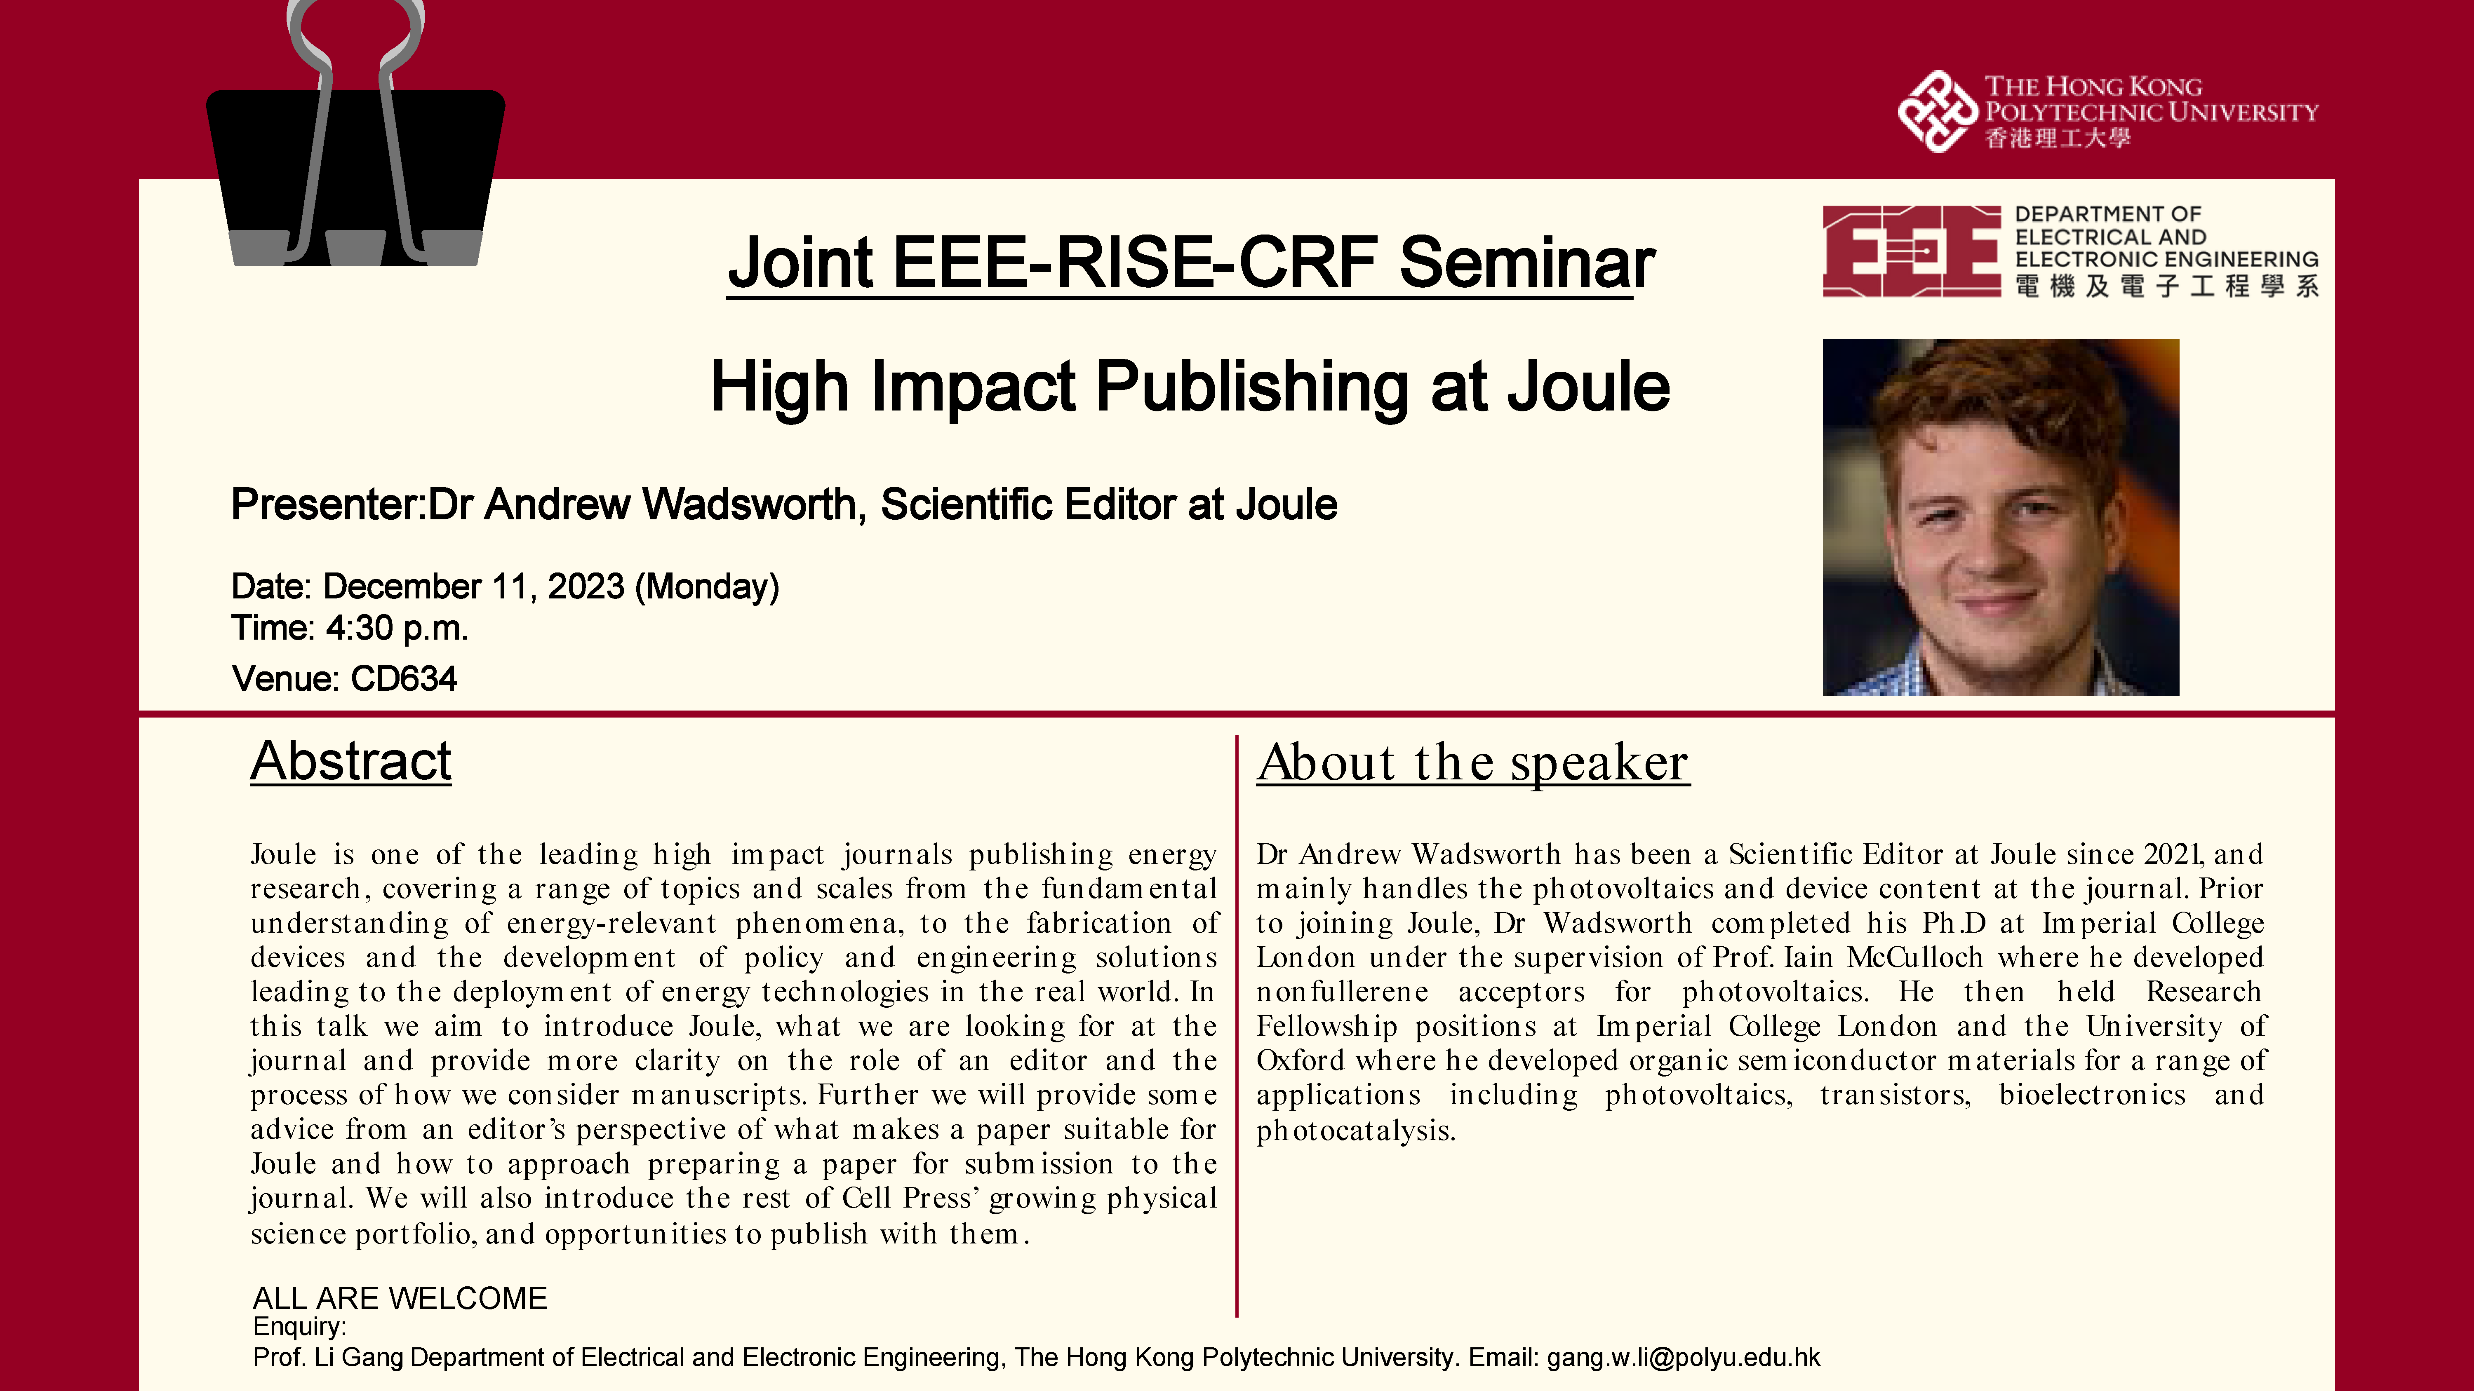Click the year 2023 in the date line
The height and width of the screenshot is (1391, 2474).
[586, 586]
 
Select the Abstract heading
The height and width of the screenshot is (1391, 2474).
[350, 761]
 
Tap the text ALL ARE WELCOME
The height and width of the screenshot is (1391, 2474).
[400, 1298]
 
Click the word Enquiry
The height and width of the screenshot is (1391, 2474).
[298, 1327]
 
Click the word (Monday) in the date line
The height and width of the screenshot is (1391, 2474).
[707, 586]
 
